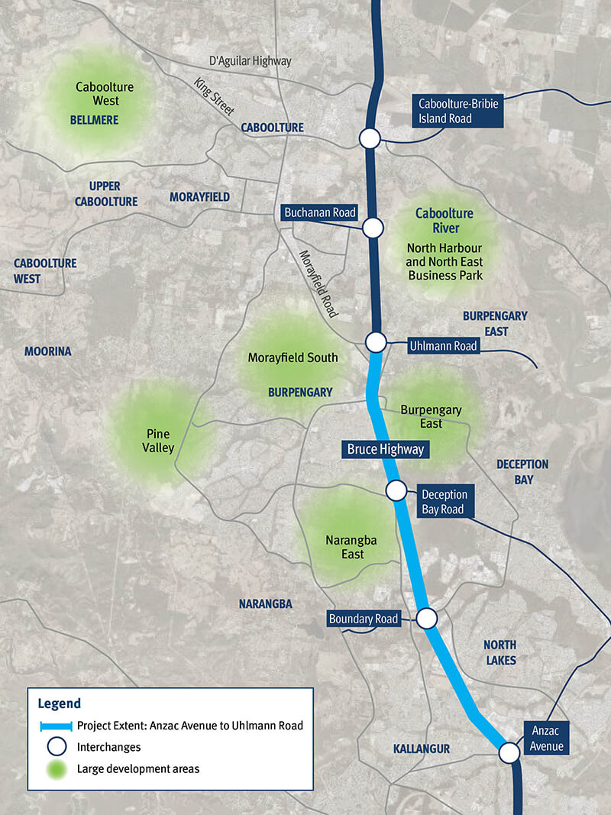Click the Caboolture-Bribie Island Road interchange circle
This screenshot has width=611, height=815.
(370, 138)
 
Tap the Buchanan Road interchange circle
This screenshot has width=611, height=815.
(373, 228)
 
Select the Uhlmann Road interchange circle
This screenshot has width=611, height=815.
(375, 342)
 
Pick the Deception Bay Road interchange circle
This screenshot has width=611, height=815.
(396, 490)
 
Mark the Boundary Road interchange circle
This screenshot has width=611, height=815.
(426, 617)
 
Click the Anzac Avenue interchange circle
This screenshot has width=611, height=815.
(509, 753)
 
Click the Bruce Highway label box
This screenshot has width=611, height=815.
(385, 449)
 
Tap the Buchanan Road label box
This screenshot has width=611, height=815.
(319, 212)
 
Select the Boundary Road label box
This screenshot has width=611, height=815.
(364, 619)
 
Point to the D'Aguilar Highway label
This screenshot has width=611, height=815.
(250, 61)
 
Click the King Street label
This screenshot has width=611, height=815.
(213, 97)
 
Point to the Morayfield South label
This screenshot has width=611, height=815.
(293, 357)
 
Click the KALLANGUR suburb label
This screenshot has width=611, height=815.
(421, 749)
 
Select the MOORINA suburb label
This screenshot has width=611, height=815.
(47, 351)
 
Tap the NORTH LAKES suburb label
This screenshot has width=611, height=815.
(500, 652)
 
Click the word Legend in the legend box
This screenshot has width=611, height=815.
(59, 703)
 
